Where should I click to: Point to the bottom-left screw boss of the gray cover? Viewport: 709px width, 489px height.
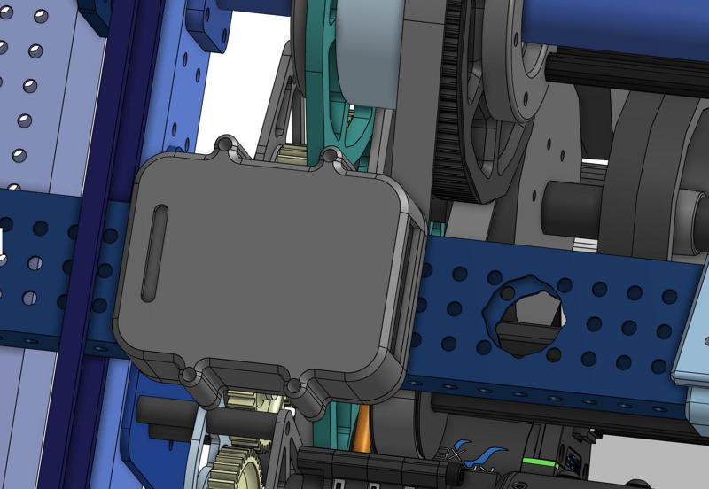[191, 376]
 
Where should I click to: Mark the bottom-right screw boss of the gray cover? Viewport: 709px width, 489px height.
[295, 388]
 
